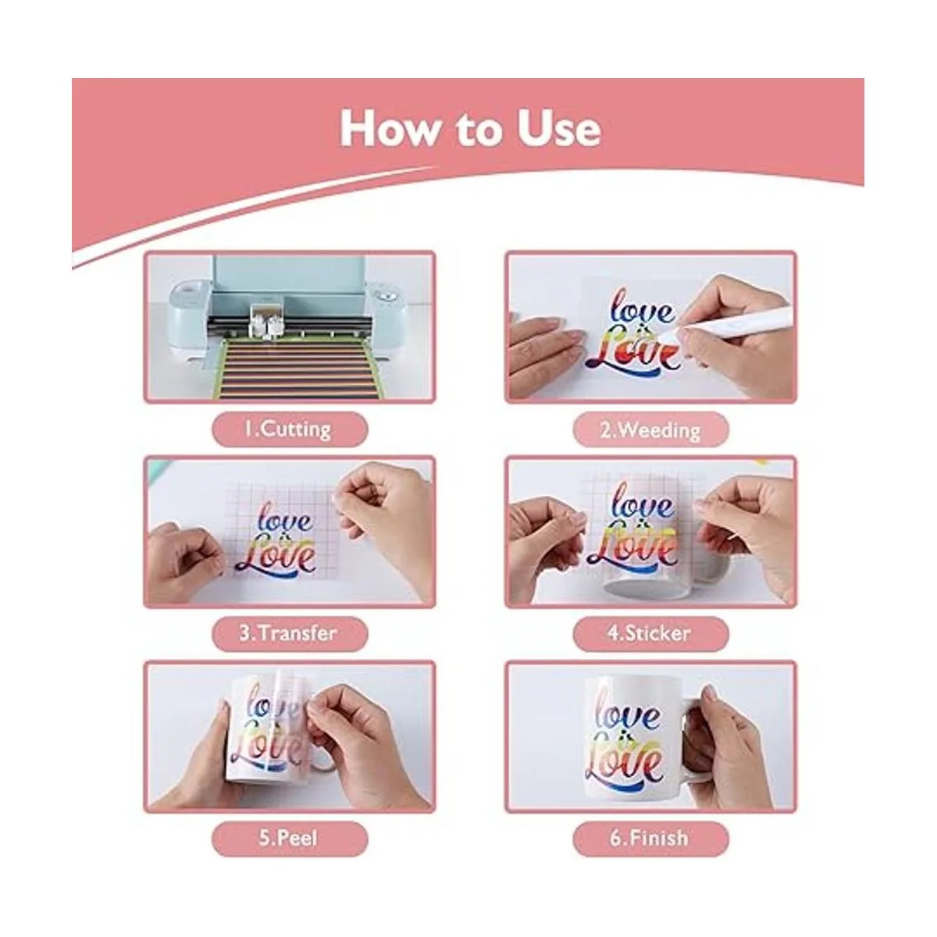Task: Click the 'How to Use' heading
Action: coord(470,129)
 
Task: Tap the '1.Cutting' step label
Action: coord(288,429)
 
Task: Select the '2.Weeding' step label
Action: coord(650,430)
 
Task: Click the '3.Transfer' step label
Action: coord(288,633)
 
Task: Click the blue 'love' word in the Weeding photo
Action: coord(643,308)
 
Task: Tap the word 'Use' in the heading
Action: coord(558,130)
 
